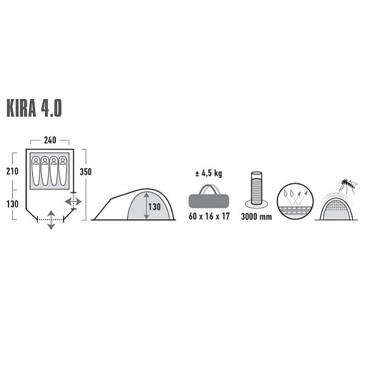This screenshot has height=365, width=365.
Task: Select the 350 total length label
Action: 86,172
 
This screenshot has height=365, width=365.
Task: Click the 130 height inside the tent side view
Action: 155,206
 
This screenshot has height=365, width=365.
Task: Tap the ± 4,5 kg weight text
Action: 208,173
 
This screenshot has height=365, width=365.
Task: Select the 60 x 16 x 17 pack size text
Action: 209,217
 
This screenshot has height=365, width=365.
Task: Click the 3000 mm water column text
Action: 257,217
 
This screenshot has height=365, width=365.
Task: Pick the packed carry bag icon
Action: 209,197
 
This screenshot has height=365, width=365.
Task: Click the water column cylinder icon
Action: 257,189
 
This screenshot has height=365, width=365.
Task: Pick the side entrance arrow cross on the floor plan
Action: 72,201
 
